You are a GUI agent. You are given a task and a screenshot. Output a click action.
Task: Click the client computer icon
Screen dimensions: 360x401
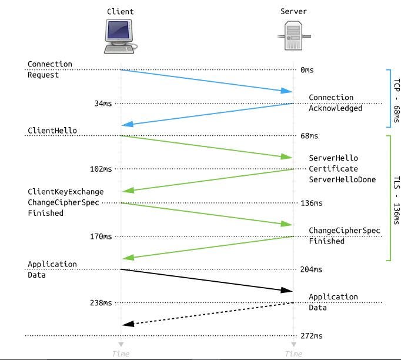121,36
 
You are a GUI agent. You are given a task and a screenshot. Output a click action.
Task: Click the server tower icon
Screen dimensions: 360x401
293,36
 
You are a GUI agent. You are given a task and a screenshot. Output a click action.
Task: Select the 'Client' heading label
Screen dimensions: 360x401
120,11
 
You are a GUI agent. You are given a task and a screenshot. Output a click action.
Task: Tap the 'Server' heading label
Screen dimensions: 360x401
293,11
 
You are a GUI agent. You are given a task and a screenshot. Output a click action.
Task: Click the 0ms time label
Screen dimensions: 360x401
307,70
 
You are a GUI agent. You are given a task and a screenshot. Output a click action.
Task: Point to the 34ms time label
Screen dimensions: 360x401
103,104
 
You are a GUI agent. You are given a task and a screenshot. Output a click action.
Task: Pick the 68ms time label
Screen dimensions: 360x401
309,136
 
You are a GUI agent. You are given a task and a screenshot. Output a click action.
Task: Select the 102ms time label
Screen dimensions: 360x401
101,169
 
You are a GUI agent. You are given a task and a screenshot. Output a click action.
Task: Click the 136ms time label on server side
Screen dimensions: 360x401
311,203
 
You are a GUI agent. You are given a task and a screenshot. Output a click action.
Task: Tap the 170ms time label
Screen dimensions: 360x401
101,236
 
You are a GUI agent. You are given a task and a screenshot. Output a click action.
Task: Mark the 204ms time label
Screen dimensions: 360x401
311,269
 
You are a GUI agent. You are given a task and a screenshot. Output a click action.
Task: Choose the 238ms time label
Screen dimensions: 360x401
101,303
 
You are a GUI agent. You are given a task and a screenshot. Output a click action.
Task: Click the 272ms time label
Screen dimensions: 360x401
311,336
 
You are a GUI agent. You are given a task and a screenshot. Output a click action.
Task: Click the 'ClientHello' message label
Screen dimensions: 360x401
52,130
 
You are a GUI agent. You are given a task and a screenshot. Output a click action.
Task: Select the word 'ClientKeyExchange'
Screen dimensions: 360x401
65,192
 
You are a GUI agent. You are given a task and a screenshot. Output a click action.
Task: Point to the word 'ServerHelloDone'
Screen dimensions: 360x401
342,179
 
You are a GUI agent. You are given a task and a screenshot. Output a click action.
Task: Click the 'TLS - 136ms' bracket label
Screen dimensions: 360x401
396,201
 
